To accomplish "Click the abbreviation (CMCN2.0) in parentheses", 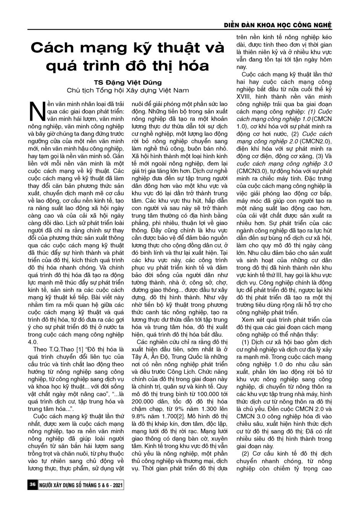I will pyautogui.click(x=319, y=141).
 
